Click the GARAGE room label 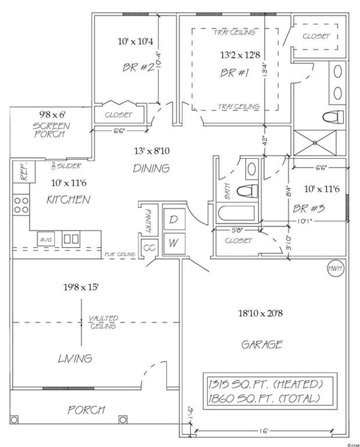[262, 344]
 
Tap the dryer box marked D [173, 220]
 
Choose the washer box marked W [173, 241]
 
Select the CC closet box [149, 248]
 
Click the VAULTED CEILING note [104, 322]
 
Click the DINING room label [151, 168]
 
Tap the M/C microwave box [46, 239]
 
